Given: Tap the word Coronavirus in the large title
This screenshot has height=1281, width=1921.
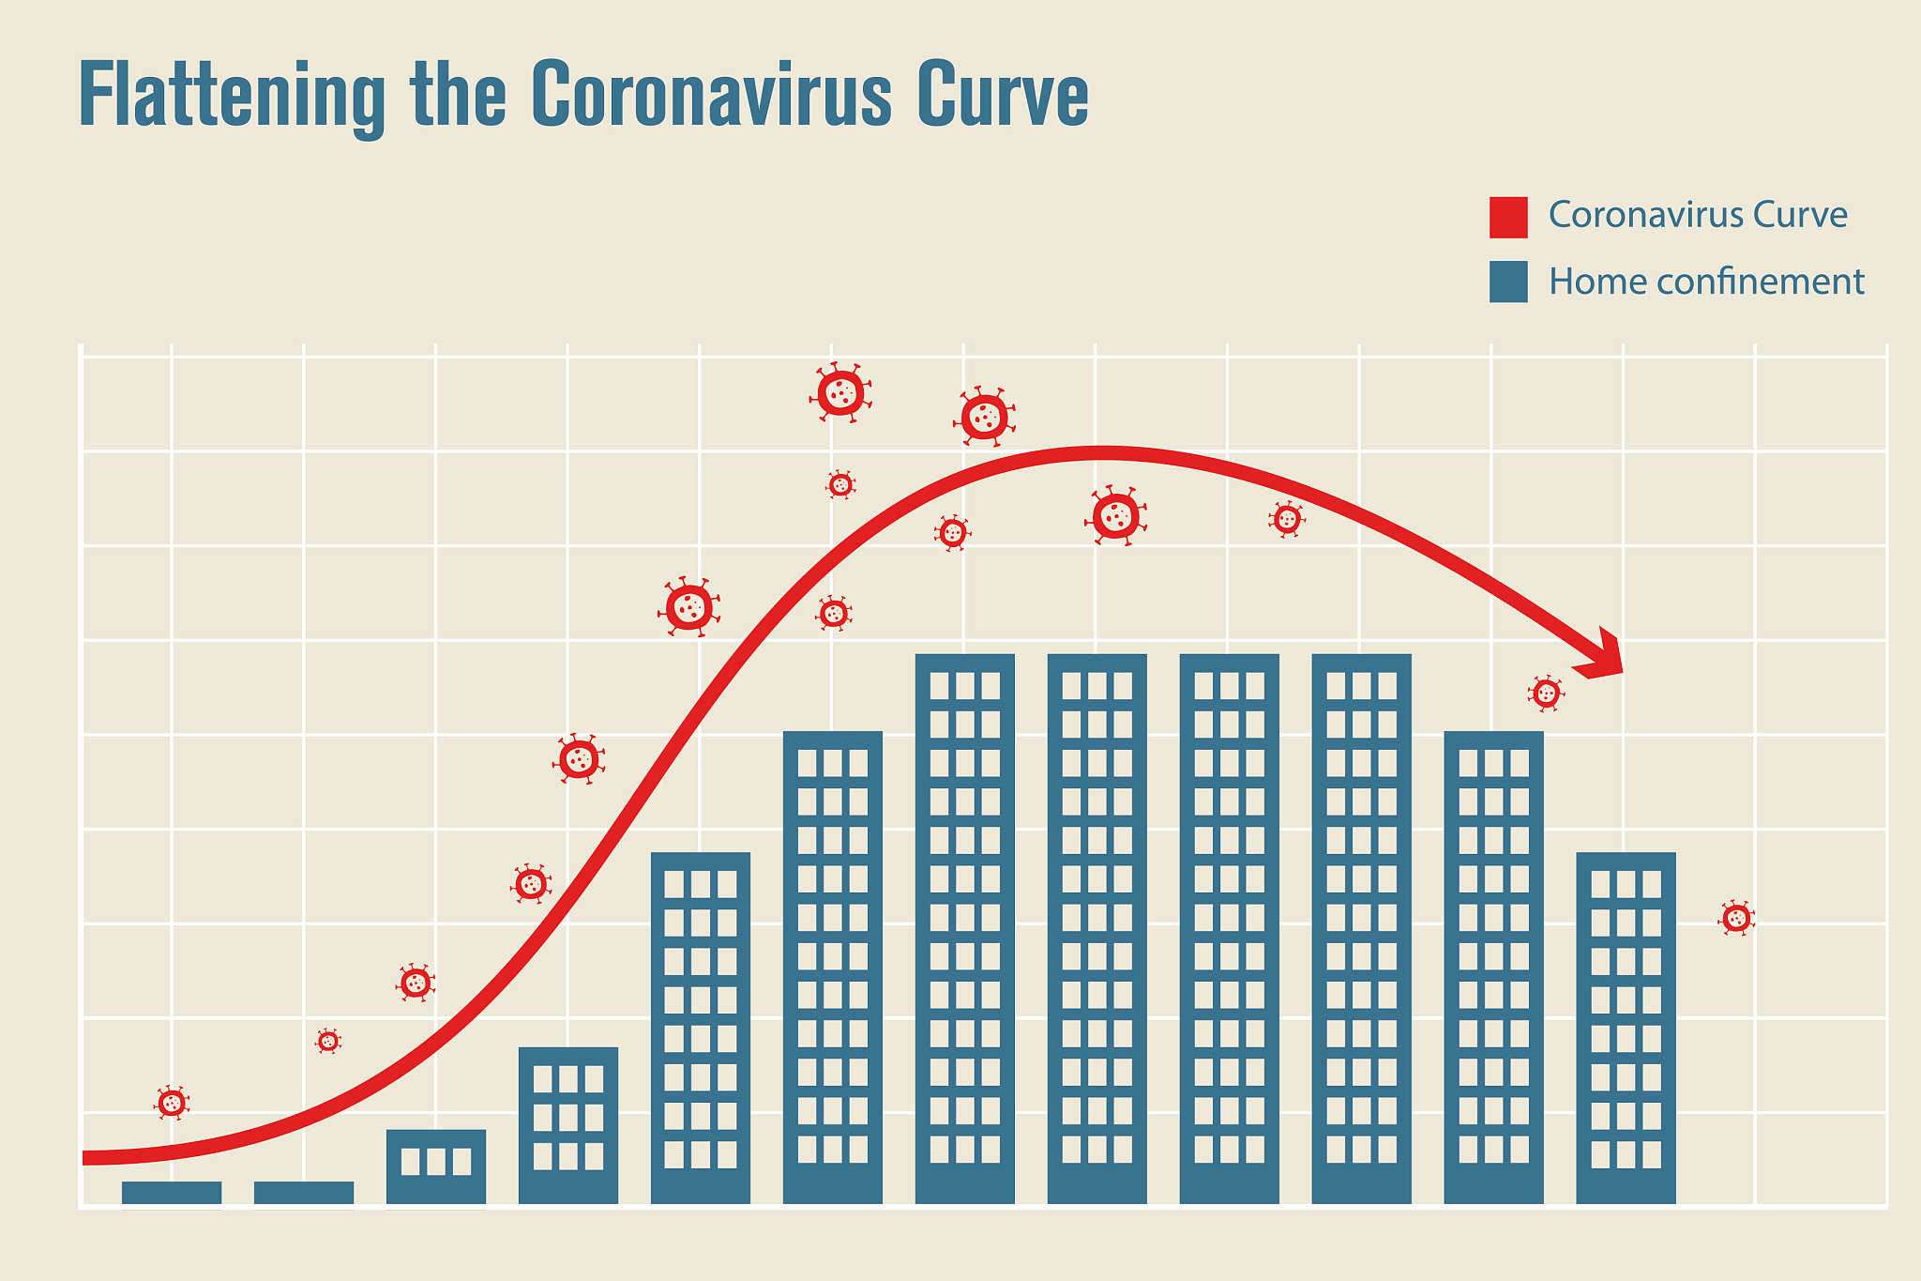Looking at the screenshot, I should point(710,96).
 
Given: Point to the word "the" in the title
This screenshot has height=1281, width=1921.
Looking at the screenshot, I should point(459,96).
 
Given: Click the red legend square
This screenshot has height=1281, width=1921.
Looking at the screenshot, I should point(1508,217).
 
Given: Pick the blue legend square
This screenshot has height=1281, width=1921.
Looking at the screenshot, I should point(1508,282).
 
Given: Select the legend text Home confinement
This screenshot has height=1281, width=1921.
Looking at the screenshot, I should point(1705,282).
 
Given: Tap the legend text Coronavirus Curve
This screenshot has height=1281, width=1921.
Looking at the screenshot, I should point(1697,215).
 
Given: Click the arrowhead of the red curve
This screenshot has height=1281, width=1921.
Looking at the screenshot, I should point(1603,654).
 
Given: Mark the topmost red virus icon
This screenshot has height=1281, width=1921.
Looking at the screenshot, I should point(840,392).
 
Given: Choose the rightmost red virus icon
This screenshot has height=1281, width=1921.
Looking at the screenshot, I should point(1736,918).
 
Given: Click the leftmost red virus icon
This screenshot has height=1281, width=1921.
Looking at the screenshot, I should point(172,1103).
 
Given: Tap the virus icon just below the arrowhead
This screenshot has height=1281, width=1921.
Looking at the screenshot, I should point(1546,694).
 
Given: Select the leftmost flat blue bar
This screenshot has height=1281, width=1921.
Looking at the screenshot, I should point(172,1192).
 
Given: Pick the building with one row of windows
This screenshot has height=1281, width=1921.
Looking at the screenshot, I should point(436,1166).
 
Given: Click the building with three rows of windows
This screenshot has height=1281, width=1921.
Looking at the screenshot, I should point(568,1124).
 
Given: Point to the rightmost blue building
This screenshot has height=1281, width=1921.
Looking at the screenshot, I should point(1626,1028).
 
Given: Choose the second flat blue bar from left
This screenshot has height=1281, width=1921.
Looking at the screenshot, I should point(304,1192).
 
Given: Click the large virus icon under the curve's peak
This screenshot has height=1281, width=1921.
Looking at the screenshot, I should point(1116,515).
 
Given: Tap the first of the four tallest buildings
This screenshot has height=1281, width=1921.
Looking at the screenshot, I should point(965,928).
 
